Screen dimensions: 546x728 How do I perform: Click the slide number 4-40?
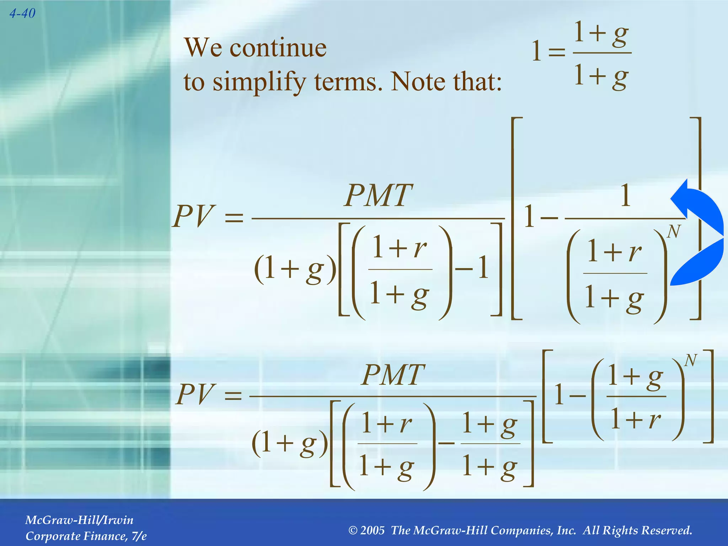pos(22,14)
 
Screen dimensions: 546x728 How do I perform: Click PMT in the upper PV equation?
pos(379,196)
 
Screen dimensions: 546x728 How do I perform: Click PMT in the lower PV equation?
pos(393,375)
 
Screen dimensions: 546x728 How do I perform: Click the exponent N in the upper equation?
pos(674,232)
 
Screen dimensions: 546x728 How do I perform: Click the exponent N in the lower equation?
pos(690,360)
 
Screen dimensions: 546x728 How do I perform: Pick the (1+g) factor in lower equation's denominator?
pos(290,444)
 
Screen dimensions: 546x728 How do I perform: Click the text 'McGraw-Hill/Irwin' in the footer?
pos(79,520)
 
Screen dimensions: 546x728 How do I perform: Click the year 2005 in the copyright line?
pos(373,530)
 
